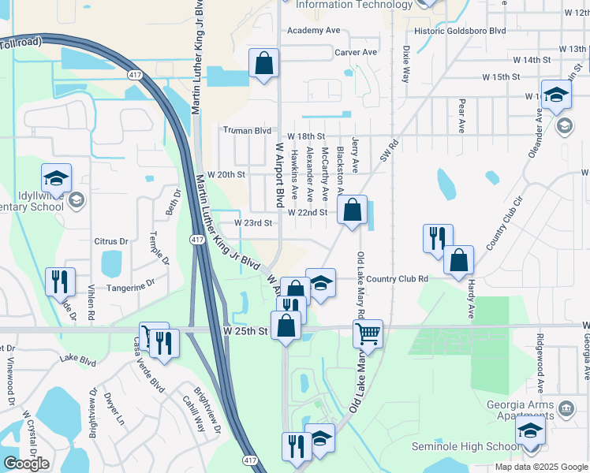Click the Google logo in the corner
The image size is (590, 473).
(26, 464)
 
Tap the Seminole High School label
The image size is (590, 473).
(465, 447)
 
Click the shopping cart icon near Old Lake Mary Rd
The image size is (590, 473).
(368, 333)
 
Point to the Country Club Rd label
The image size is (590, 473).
(397, 278)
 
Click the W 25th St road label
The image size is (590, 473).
(247, 330)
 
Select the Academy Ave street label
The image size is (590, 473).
(313, 30)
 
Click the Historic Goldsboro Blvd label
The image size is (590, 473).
(460, 32)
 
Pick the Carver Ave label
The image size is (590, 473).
(356, 52)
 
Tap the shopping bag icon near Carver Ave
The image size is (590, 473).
(263, 63)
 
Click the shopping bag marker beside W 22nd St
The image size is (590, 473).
(353, 210)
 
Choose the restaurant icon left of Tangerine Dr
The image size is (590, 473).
(61, 281)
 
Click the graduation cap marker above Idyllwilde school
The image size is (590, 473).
(57, 178)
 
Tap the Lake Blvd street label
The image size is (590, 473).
(77, 362)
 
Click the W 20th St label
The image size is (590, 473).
(227, 174)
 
